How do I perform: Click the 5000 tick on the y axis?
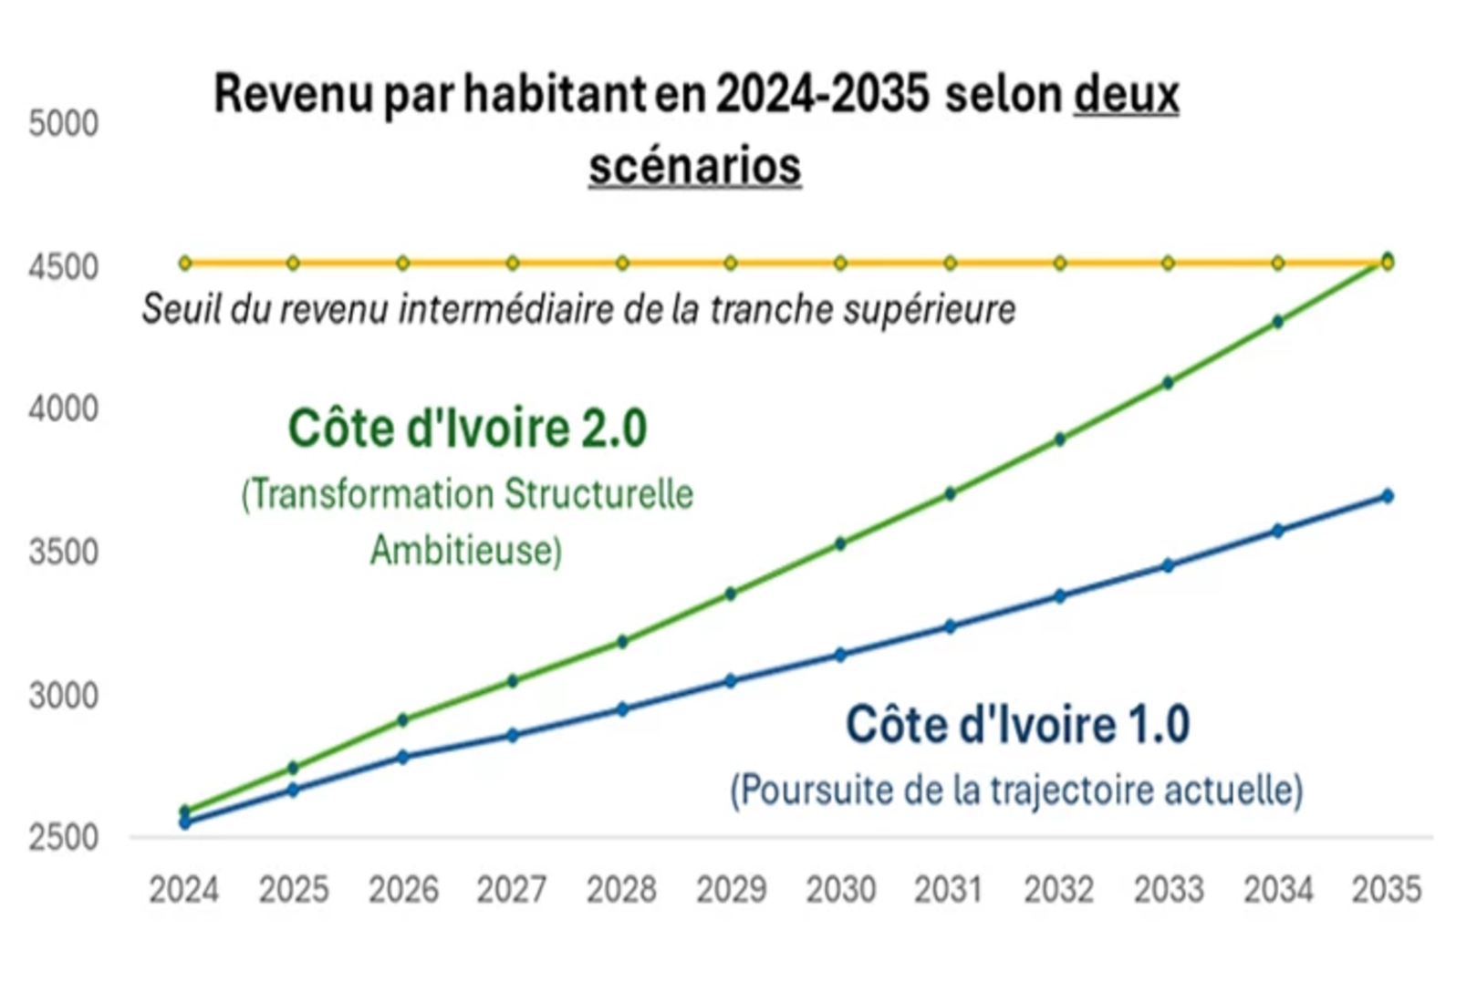[63, 123]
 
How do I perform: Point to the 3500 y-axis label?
[63, 552]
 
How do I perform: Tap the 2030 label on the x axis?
[840, 889]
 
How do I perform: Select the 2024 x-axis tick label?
[184, 889]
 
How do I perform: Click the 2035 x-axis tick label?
[1386, 889]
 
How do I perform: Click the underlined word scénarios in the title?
[694, 166]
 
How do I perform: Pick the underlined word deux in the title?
[1126, 94]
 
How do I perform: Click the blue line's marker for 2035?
[1388, 496]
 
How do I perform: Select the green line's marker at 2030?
[840, 543]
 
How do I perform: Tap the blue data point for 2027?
[513, 735]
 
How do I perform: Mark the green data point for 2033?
[1168, 383]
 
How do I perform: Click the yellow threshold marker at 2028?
[622, 263]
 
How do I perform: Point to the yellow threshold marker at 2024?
[185, 263]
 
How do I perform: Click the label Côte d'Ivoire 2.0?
[467, 429]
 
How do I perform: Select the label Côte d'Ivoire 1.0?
[1017, 725]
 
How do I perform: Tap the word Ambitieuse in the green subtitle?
[466, 550]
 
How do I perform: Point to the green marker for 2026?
[403, 719]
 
